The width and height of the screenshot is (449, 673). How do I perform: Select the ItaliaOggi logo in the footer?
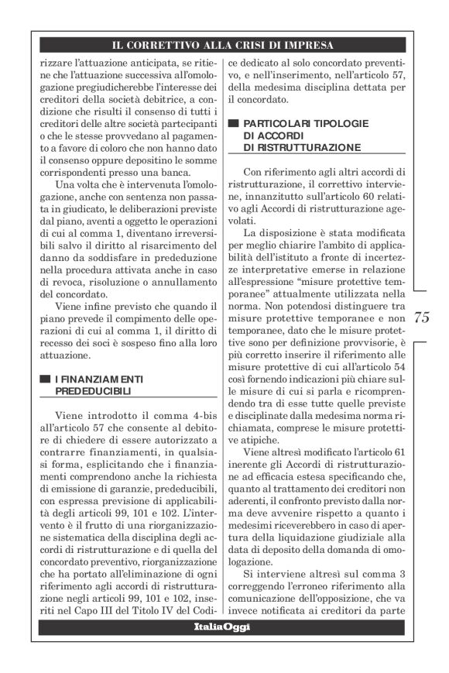tap(224, 625)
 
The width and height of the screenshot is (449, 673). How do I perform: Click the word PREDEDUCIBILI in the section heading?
tap(93, 392)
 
